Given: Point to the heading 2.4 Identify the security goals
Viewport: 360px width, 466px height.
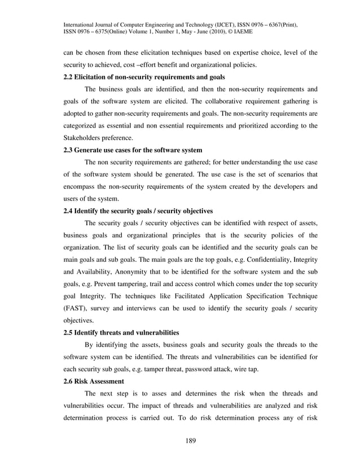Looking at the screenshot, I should [137, 211].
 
